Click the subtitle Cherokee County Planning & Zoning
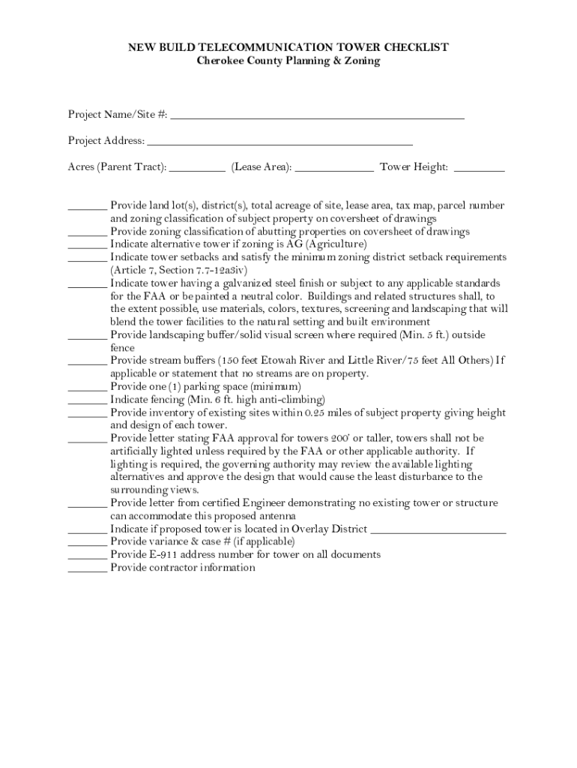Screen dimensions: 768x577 288,61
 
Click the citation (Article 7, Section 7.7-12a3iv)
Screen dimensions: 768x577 178,270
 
